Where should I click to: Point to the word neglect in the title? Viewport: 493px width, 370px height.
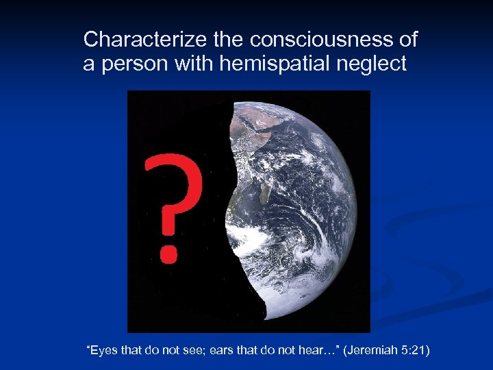click(x=373, y=64)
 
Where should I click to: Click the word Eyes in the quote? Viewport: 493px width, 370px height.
click(x=103, y=351)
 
